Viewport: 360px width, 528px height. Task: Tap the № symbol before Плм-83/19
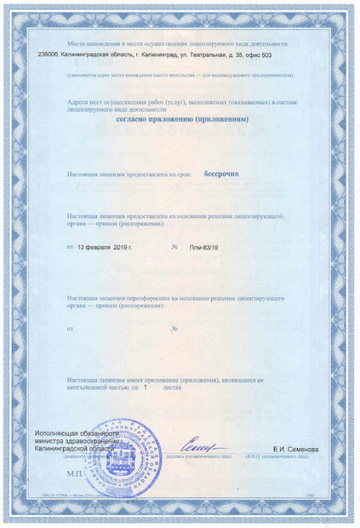tap(174, 249)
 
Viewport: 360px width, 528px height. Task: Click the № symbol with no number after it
tap(174, 329)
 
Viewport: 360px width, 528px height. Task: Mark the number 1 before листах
tap(146, 387)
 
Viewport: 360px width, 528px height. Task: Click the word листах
tap(171, 387)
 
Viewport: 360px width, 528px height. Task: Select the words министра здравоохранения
tap(70, 441)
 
